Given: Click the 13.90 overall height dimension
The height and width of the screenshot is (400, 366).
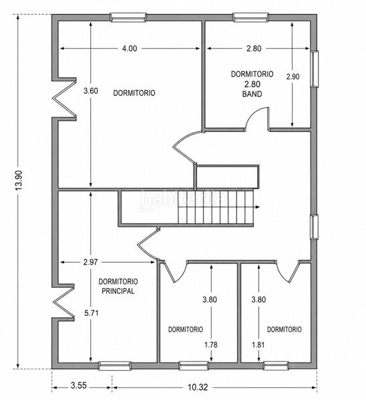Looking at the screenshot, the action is [x=19, y=180].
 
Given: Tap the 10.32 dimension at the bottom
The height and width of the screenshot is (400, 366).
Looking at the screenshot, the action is [x=198, y=387].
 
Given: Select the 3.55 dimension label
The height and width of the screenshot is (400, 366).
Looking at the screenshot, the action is [x=79, y=385].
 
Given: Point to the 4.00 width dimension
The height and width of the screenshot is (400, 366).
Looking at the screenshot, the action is [x=130, y=48].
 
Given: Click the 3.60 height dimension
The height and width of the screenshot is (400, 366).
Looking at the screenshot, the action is [x=91, y=91].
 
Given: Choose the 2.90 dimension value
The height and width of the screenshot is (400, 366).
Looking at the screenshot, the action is [x=293, y=77].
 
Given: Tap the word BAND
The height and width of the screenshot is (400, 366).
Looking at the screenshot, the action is [x=252, y=94].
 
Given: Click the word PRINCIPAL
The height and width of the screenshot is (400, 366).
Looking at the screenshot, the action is [x=118, y=291].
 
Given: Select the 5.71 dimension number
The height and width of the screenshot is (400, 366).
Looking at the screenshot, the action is [x=91, y=313].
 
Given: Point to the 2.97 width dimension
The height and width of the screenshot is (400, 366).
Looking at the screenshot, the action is [x=90, y=262].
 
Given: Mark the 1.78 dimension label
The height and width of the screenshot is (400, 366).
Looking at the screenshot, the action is [x=211, y=345].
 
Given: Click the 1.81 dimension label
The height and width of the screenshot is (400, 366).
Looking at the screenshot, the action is [x=258, y=345].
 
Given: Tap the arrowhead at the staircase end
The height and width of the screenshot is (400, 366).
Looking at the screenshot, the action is [x=258, y=207].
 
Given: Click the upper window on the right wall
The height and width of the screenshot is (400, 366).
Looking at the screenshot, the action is [x=315, y=69].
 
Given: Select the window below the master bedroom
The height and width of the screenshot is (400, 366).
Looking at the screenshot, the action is [x=115, y=366].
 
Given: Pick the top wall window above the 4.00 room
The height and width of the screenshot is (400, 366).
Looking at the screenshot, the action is [x=128, y=17].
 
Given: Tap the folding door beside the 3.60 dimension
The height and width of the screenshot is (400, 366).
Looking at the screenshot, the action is [x=65, y=99].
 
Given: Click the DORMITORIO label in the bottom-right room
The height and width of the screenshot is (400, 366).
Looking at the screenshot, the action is [x=285, y=329].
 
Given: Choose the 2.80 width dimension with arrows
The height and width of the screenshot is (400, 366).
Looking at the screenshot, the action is [x=254, y=48].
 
